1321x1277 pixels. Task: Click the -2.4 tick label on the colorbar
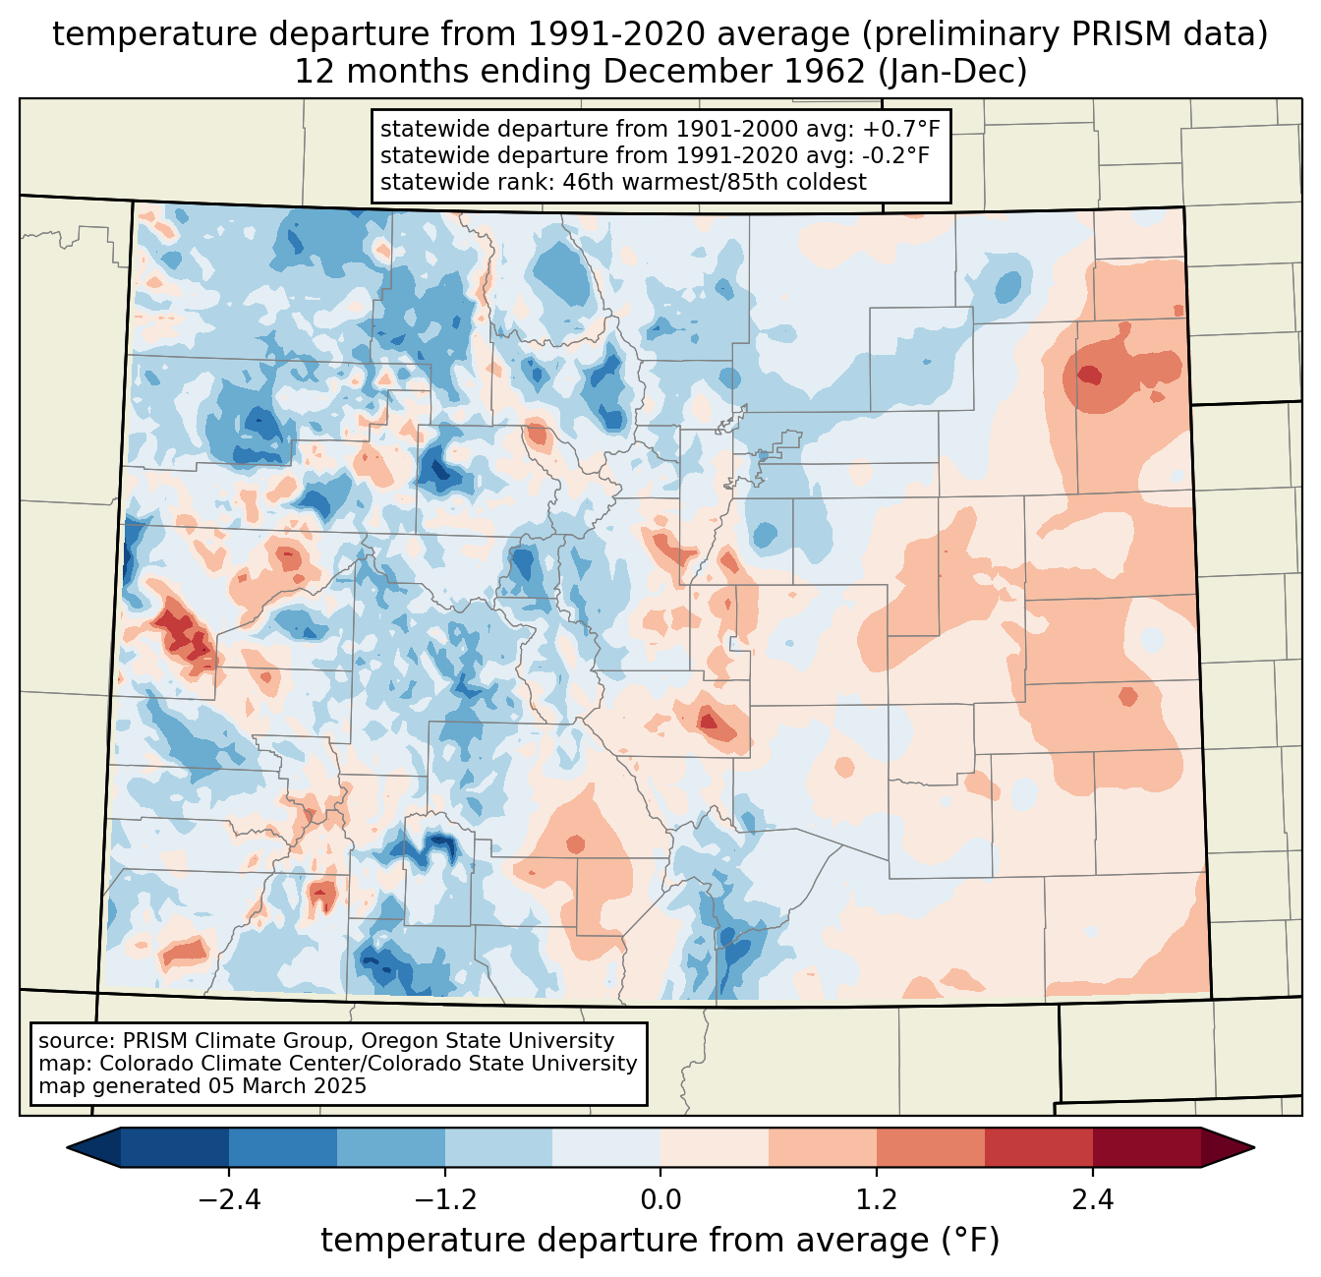[x=229, y=1199]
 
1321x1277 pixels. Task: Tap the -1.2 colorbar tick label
[x=445, y=1199]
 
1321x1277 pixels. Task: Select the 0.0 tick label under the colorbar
[x=660, y=1199]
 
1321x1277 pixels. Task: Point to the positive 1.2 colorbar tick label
[x=877, y=1199]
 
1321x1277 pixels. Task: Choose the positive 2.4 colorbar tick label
[x=1092, y=1199]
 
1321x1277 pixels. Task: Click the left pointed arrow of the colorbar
[x=93, y=1148]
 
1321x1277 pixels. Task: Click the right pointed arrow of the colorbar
[x=1228, y=1148]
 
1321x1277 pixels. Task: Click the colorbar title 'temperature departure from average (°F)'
[x=660, y=1241]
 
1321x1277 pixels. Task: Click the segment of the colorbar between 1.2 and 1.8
[x=931, y=1148]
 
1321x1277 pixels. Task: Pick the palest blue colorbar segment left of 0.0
[x=606, y=1148]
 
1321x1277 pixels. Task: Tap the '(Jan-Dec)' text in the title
[x=952, y=72]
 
